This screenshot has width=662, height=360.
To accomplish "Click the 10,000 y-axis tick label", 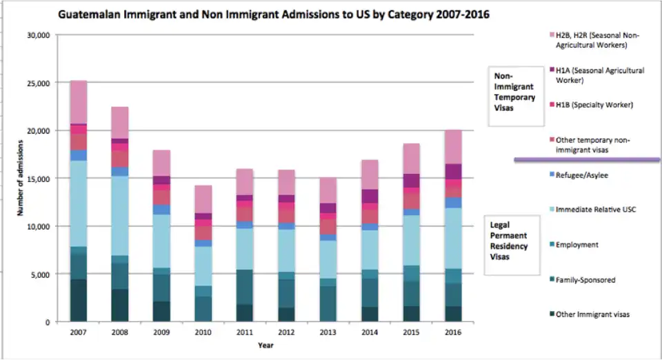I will (38, 226).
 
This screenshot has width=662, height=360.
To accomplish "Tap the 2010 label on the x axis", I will (203, 332).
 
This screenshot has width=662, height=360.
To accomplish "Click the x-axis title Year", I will (264, 344).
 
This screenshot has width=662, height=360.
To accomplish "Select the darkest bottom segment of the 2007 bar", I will (79, 300).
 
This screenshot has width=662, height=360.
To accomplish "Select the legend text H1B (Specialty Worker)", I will (584, 105).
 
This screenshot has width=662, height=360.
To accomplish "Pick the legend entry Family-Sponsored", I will (585, 280).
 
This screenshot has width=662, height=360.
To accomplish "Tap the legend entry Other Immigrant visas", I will (592, 314).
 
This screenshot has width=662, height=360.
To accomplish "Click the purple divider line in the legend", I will (586, 160).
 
